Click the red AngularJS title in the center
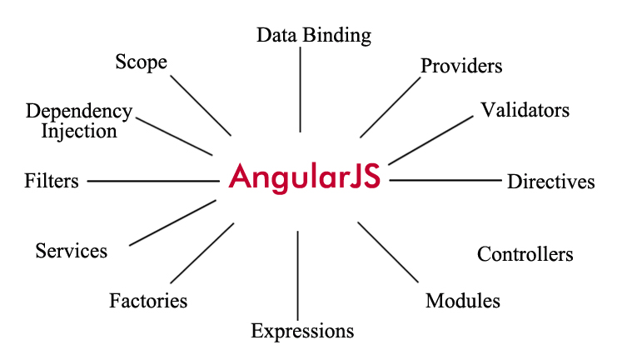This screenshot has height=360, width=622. click(x=305, y=177)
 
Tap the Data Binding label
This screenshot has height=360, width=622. click(x=313, y=35)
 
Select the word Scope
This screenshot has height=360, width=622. click(x=141, y=62)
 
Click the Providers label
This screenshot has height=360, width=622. click(x=461, y=65)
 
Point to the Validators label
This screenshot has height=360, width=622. click(x=525, y=110)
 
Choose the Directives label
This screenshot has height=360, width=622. click(x=550, y=181)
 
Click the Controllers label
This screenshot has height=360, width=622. click(x=525, y=254)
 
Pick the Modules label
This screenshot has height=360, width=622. click(x=462, y=301)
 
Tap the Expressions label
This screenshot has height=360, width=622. click(x=302, y=331)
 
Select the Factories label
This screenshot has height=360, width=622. click(x=148, y=300)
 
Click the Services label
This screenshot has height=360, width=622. click(x=72, y=250)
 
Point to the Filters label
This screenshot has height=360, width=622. click(x=52, y=180)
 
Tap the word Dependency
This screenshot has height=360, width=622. click(x=79, y=111)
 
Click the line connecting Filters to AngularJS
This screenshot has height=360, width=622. click(x=152, y=180)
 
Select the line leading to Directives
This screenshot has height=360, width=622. click(x=445, y=180)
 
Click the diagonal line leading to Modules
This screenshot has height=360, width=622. click(x=387, y=251)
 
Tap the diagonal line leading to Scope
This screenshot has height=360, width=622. click(x=201, y=105)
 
